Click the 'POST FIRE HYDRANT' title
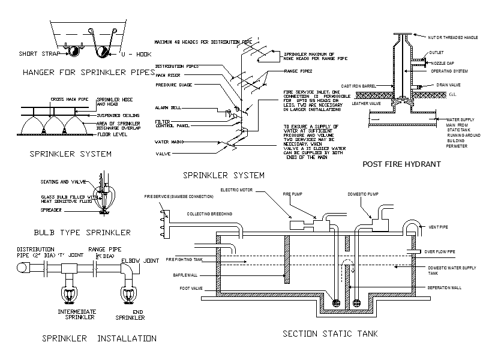click(x=401, y=164)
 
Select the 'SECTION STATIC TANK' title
click(x=329, y=334)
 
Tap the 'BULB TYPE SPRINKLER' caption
click(x=82, y=232)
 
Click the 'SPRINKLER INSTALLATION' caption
click(x=99, y=338)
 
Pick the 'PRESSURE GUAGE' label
click(x=173, y=85)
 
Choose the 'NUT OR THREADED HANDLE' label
click(x=453, y=38)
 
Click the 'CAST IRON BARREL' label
click(x=358, y=86)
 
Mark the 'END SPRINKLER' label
click(x=130, y=314)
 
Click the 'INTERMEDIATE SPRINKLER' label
click(x=76, y=314)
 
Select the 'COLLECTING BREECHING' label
click(x=209, y=214)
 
